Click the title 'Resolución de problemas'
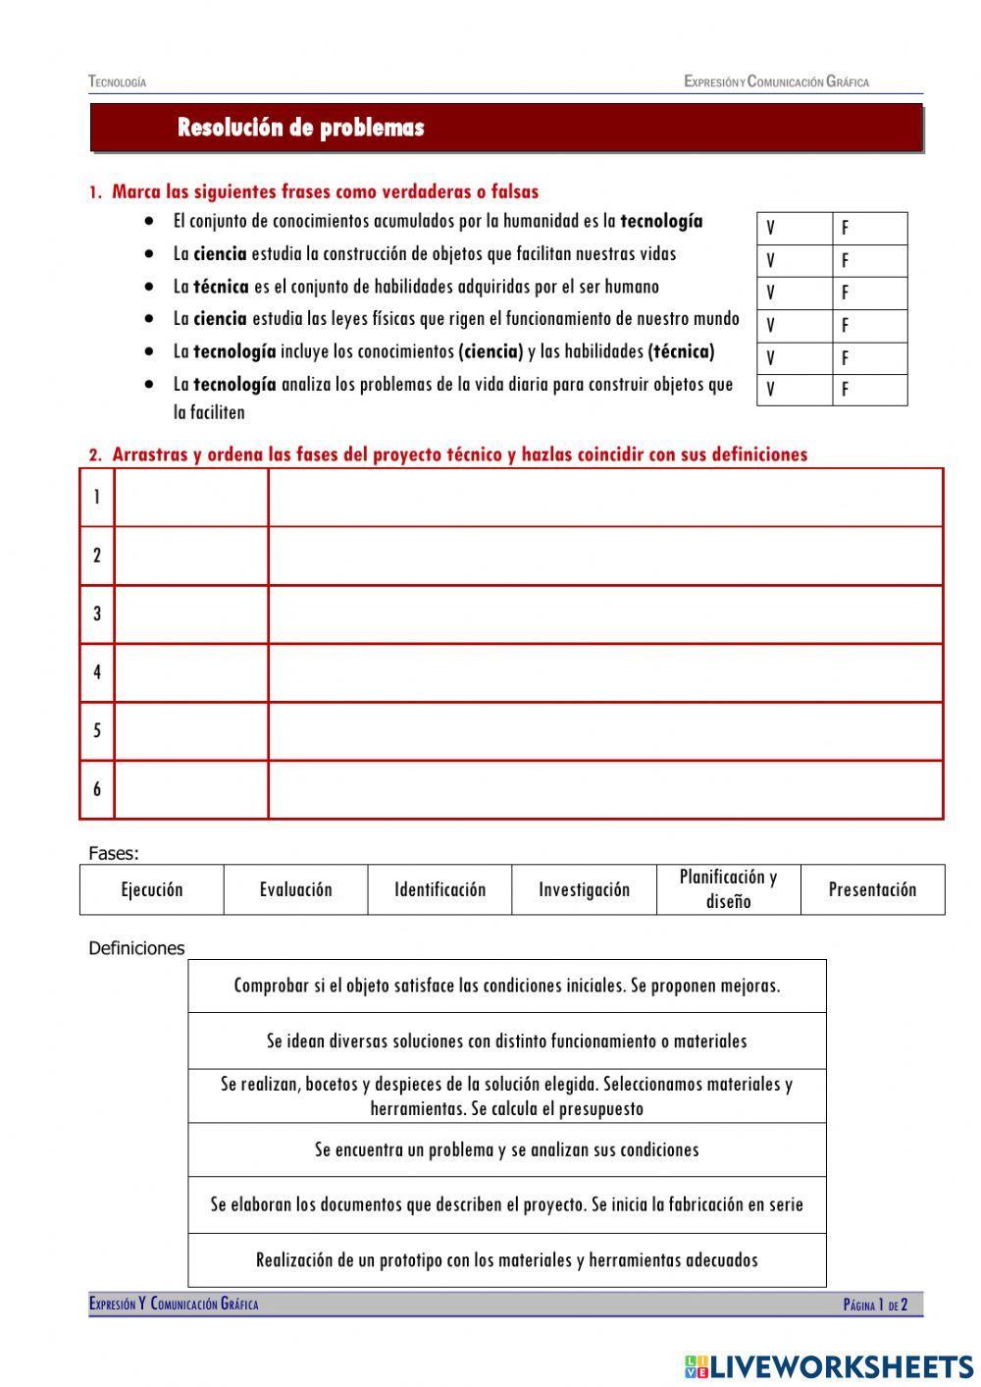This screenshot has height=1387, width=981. point(300,128)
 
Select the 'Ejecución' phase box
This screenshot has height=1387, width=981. point(152,889)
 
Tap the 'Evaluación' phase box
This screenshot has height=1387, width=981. point(295,889)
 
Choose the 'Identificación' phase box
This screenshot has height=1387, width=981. point(439,889)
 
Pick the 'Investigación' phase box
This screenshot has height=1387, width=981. point(584,889)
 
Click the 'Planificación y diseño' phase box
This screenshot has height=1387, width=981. point(728,889)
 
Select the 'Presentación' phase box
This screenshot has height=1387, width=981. point(872,889)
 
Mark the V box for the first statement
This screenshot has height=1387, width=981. point(794,229)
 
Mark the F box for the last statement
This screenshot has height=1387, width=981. point(869,390)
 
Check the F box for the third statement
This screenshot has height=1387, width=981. point(869,293)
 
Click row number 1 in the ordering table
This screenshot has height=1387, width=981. point(96,498)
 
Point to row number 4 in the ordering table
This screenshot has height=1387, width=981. point(96,672)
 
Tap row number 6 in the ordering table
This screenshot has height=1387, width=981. point(96,789)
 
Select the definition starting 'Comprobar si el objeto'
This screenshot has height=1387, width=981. point(506,986)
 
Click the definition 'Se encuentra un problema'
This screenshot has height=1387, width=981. point(506,1149)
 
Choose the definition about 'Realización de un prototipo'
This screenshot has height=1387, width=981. point(506,1259)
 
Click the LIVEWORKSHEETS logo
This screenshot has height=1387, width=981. point(829,1365)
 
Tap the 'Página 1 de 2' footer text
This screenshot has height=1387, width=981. point(875,1305)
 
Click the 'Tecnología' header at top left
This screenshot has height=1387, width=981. point(117,82)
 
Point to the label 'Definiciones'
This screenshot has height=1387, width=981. point(136,948)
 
